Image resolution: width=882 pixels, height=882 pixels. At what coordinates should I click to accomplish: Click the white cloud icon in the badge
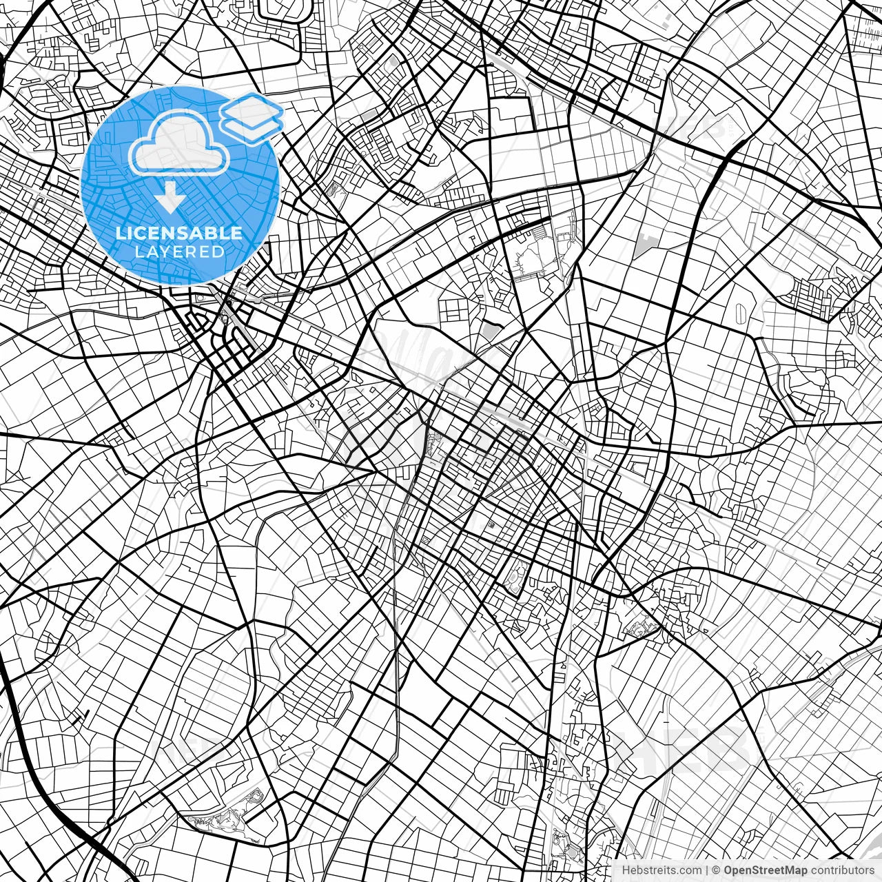coord(180,143)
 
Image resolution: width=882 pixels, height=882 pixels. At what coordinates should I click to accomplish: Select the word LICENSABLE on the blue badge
coord(179,234)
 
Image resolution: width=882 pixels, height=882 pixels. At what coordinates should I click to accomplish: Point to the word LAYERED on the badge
coord(179,252)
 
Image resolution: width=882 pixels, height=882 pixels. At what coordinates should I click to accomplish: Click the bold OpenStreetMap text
coord(765,870)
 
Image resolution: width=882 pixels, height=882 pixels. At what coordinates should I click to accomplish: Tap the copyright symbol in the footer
coord(717,870)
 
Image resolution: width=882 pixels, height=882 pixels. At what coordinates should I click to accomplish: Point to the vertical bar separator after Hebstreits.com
coord(708,870)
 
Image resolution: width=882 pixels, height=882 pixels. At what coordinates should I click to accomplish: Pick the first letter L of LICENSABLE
coord(120,234)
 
